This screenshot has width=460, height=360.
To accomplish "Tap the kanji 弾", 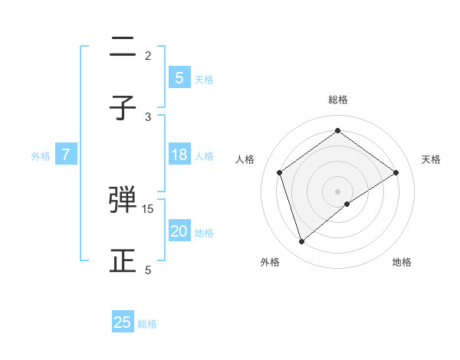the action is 123,200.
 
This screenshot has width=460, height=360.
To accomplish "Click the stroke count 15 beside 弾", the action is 148,208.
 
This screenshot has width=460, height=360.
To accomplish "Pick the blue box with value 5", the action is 179,77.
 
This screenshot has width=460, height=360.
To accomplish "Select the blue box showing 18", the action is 179,155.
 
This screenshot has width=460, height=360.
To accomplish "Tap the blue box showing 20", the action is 179,231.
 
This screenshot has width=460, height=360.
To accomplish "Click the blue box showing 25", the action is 123,322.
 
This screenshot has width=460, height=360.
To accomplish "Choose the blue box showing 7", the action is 66,155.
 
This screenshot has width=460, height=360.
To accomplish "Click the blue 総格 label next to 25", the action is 147,324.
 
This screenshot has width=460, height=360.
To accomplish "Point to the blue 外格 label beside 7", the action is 41,156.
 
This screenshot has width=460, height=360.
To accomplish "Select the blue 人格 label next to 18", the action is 204,156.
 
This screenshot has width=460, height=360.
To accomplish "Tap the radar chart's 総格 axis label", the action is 337,100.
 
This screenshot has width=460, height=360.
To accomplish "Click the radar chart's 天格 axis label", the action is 432,159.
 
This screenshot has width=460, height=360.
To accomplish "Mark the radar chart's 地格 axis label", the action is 402,262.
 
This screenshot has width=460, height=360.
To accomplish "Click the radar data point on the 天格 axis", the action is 396,172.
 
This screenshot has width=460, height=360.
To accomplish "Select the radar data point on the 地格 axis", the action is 347,204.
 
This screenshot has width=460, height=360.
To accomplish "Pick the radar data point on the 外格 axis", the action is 302,242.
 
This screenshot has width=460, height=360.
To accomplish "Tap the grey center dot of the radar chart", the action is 337,191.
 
